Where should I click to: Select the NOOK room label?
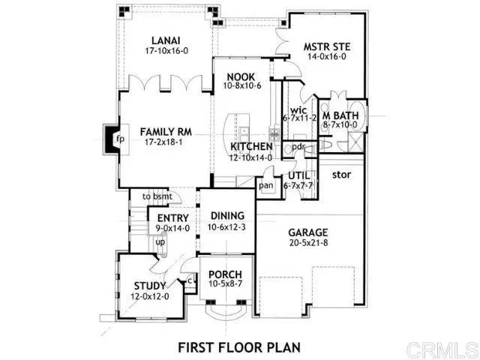click(238, 76)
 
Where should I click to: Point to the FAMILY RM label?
click(166, 132)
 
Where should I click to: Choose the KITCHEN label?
click(251, 146)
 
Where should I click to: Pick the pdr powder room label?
click(298, 146)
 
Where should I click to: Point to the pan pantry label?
click(265, 184)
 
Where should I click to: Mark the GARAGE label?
click(307, 232)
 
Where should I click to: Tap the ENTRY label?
click(173, 218)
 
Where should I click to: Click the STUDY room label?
click(150, 285)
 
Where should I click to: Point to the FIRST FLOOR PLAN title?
click(238, 346)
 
